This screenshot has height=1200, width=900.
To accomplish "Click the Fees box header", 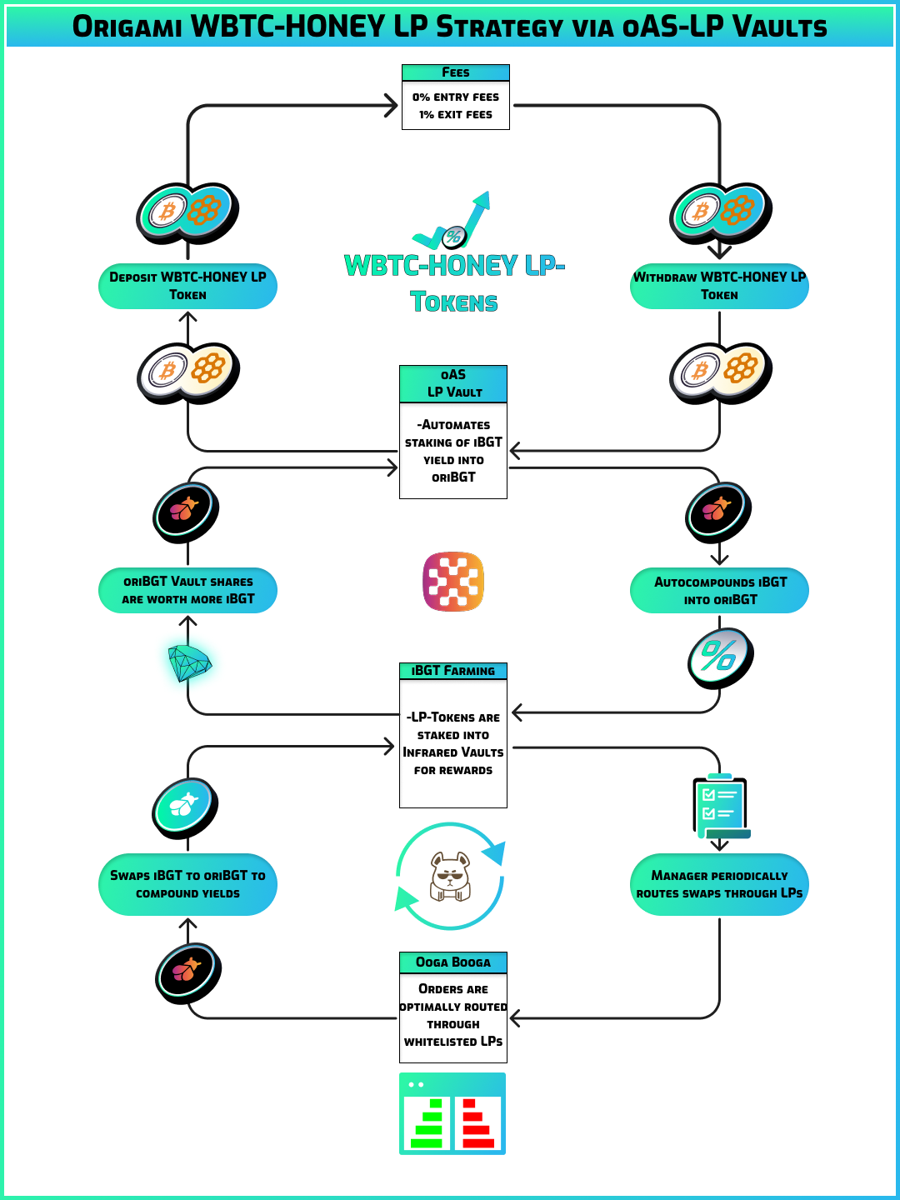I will (455, 72).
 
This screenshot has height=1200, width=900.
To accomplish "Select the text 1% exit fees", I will (455, 115).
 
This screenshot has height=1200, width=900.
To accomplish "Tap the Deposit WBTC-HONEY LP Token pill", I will (187, 286).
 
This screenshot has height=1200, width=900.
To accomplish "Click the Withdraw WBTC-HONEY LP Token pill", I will (719, 286).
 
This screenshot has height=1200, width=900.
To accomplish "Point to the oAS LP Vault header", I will (453, 383).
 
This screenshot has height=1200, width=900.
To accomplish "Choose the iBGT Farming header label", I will (453, 671).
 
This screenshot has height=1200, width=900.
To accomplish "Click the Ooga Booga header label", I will (453, 962).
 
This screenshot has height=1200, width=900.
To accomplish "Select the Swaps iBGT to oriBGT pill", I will (187, 884).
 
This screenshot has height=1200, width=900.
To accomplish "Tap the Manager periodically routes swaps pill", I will (719, 884).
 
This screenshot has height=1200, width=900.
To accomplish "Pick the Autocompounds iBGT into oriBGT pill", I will (719, 591).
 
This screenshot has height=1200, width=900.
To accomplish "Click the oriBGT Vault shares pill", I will (187, 591).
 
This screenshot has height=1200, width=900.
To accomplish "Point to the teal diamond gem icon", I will (189, 663).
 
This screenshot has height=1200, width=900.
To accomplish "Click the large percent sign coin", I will (720, 657).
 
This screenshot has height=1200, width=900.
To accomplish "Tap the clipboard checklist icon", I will (720, 807).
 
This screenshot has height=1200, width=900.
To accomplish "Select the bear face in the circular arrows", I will (450, 876).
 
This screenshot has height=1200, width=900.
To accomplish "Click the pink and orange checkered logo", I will (453, 581).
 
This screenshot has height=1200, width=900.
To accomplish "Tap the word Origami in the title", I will (127, 27).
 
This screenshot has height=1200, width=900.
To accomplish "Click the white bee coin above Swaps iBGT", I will (184, 806).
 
